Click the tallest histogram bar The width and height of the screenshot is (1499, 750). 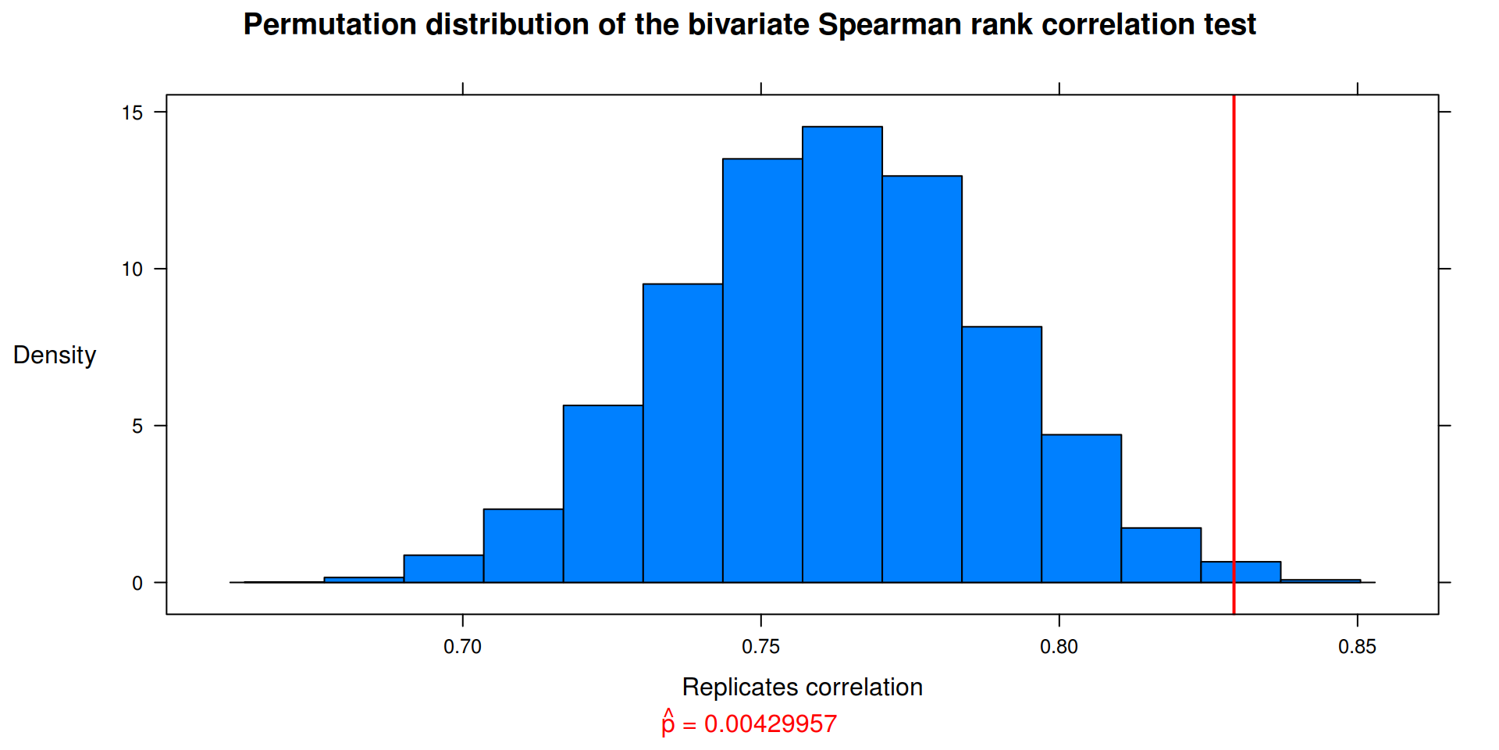[842, 354]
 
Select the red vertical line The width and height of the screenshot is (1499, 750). [1234, 355]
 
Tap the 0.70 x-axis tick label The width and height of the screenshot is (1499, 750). [463, 647]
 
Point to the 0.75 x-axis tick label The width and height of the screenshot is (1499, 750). [761, 647]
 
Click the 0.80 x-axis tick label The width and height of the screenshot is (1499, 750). [1059, 647]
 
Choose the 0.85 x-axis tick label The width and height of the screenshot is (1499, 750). [1358, 647]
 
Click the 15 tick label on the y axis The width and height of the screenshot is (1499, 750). [132, 112]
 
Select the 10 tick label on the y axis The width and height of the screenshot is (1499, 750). [132, 270]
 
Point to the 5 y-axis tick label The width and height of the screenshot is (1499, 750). [137, 427]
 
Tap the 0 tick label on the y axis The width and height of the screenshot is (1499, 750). [137, 584]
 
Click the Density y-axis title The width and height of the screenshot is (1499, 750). [55, 355]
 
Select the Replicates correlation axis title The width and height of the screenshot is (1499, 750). [803, 687]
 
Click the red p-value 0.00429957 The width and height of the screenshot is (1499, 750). [771, 724]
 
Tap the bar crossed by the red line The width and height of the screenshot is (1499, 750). [1241, 572]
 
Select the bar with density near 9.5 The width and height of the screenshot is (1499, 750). [683, 433]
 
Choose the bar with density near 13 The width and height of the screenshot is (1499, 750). [922, 379]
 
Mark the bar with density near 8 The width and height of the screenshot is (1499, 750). [1002, 454]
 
